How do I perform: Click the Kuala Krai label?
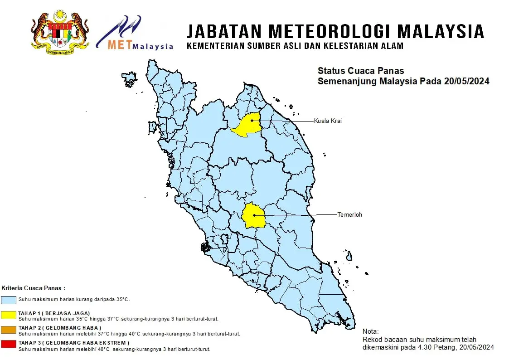pyautogui.click(x=327, y=121)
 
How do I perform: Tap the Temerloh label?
pyautogui.click(x=349, y=214)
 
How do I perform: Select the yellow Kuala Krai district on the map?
pyautogui.click(x=247, y=126)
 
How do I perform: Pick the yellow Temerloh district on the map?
pyautogui.click(x=254, y=216)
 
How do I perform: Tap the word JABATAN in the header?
pyautogui.click(x=224, y=32)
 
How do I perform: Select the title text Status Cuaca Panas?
pyautogui.click(x=361, y=71)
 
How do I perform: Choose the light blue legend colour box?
pyautogui.click(x=9, y=300)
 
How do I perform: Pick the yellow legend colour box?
pyautogui.click(x=9, y=314)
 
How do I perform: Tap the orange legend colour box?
pyautogui.click(x=9, y=329)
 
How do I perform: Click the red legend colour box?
pyautogui.click(x=9, y=344)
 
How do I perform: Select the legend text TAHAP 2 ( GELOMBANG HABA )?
pyautogui.click(x=59, y=328)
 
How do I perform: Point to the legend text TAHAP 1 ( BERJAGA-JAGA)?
pyautogui.click(x=54, y=313)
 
